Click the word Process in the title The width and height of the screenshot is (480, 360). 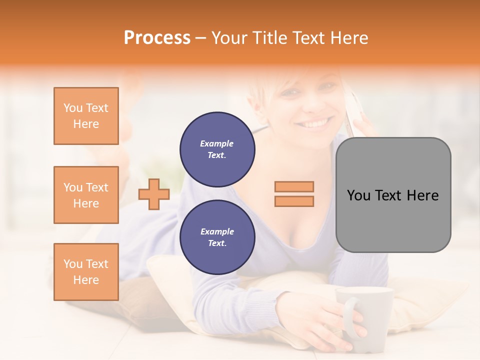coord(157,38)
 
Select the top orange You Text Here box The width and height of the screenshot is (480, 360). coord(86,116)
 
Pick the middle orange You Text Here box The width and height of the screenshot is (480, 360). coord(86,195)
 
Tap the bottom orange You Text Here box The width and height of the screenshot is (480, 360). coord(86,272)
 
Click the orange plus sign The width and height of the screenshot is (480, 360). coord(154,194)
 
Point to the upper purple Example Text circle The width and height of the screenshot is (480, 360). coord(217,149)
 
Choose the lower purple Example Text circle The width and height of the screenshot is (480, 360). coord(217,237)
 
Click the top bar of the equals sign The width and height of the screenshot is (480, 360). coord(294,186)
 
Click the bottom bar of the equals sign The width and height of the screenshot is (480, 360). coord(294,201)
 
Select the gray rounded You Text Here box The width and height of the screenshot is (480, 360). coord(393,195)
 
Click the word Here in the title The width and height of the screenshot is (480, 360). coord(348,38)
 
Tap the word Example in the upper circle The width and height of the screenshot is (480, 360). coord(217,143)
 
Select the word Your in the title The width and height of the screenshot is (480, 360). coord(228,38)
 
